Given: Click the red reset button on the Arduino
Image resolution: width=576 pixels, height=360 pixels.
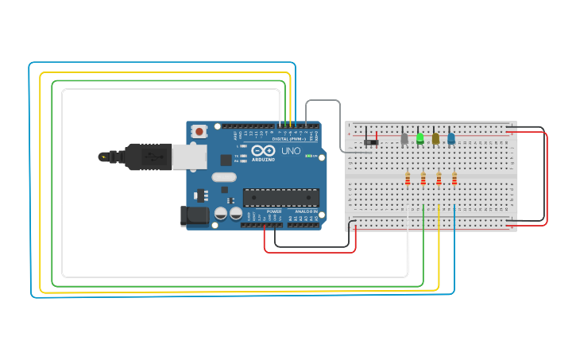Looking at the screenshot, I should [199, 130].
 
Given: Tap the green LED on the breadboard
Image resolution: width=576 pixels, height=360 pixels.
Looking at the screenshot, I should [419, 138].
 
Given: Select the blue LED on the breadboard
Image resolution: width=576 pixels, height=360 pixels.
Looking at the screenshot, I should [450, 138].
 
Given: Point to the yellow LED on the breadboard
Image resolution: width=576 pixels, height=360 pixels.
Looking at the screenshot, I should [435, 138].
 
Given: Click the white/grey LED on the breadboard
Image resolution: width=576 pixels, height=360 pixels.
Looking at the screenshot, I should [404, 138].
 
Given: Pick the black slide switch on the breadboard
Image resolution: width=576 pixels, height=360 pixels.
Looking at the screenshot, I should [370, 142].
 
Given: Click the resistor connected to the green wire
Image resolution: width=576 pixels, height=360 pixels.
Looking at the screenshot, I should [423, 179].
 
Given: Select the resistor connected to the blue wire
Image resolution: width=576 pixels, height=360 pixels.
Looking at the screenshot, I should [454, 179].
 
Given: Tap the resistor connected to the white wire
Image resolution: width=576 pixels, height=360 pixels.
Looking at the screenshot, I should [408, 179].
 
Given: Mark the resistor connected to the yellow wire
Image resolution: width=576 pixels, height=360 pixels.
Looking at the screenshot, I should [439, 179].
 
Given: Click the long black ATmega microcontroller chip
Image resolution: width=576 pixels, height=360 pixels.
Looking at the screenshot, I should [280, 197].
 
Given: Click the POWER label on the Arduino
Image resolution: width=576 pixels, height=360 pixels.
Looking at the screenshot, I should [273, 211].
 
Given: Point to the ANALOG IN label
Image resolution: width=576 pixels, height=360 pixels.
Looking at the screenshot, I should [306, 211].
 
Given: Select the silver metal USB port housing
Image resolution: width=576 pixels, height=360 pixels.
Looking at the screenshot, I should [187, 157].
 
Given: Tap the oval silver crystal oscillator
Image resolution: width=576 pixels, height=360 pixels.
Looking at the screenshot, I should [225, 177].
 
